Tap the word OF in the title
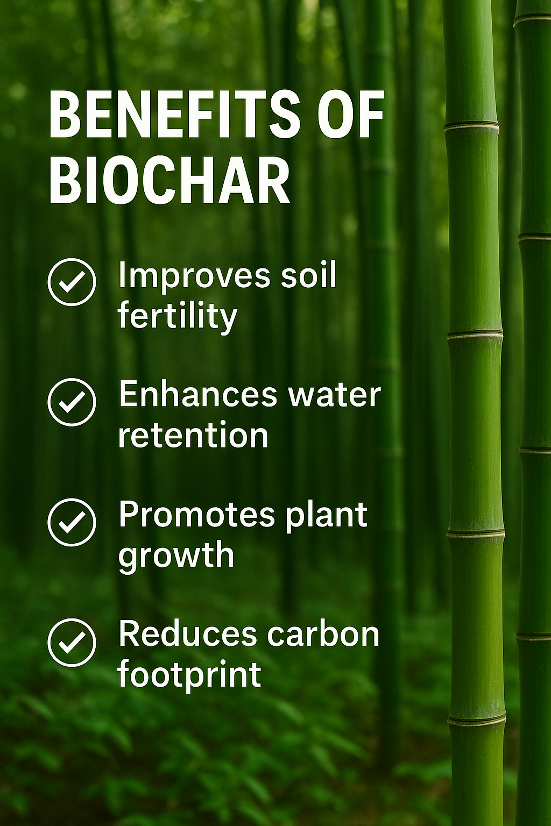click(x=351, y=115)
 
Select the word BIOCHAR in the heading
click(x=169, y=182)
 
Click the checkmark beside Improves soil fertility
click(x=72, y=282)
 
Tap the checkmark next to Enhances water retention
click(x=72, y=402)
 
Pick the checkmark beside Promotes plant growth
click(x=72, y=522)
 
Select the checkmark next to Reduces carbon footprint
click(x=72, y=642)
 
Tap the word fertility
click(x=178, y=316)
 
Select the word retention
click(x=193, y=436)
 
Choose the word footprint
click(x=189, y=674)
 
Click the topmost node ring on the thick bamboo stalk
click(x=471, y=126)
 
